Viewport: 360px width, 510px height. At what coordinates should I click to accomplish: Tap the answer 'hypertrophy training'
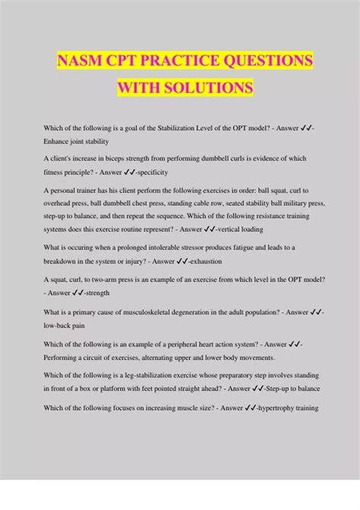[295, 408]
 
